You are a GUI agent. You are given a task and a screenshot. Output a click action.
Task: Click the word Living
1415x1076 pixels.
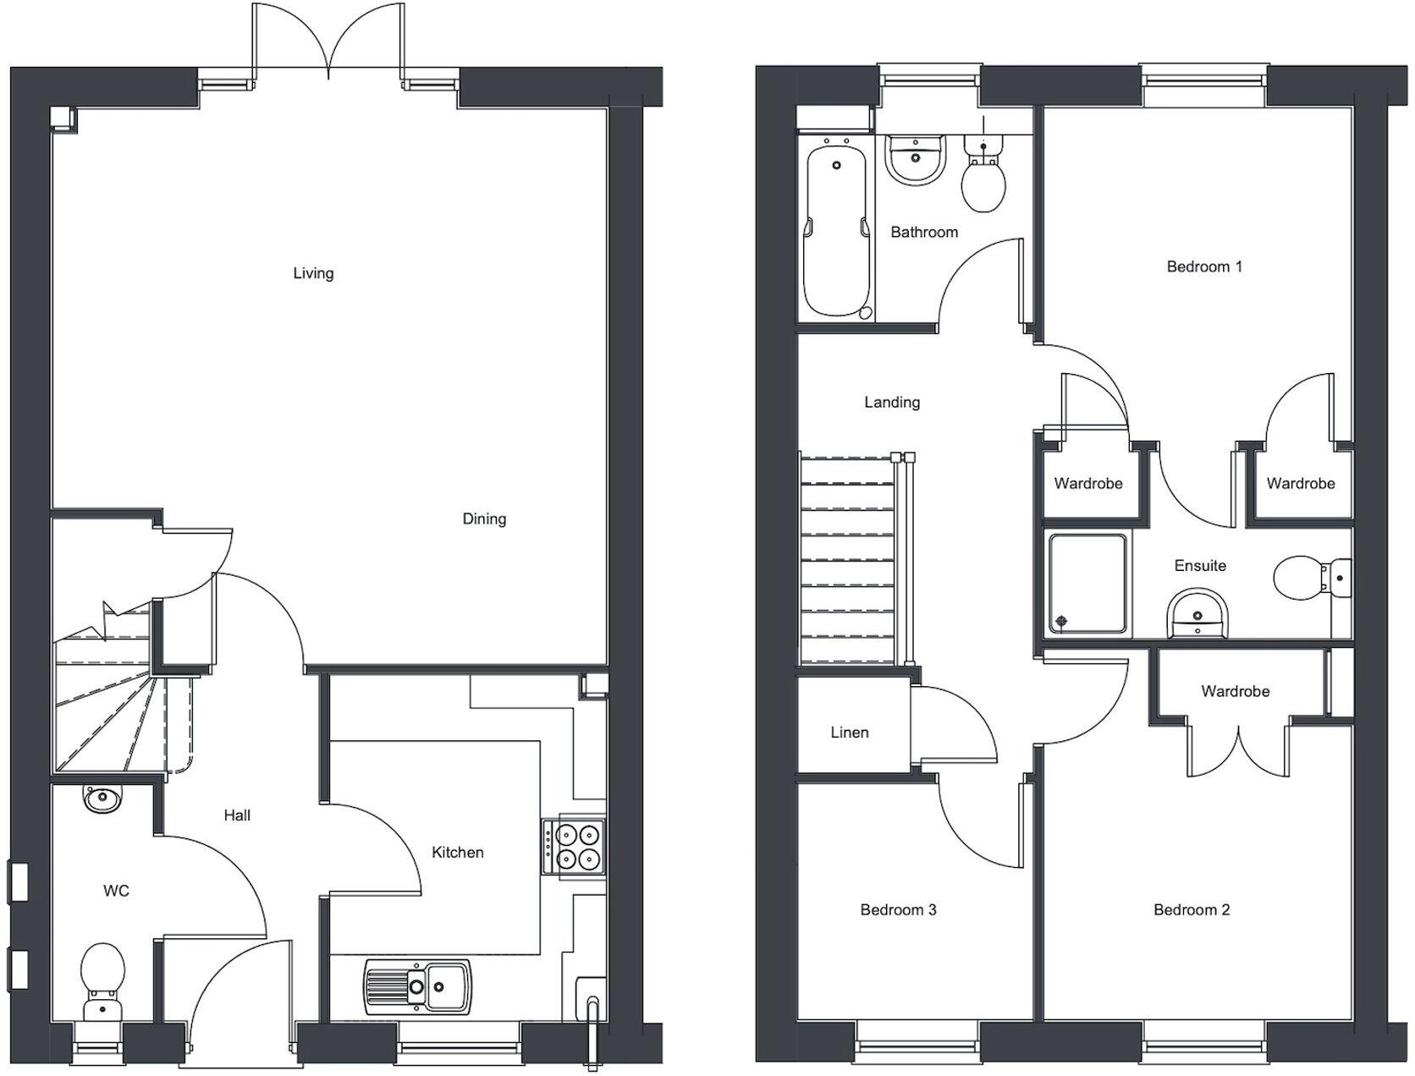[x=313, y=273]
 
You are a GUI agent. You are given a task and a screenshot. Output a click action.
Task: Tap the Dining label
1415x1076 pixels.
[x=484, y=519]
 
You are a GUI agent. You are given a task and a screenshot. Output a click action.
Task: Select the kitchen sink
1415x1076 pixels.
[x=417, y=985]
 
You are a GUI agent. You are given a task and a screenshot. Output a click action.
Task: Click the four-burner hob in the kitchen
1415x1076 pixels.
[x=574, y=848]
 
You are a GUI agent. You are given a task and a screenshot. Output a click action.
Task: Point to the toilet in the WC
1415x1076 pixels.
[x=102, y=981]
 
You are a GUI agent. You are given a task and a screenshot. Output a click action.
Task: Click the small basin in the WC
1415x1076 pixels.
[x=102, y=798]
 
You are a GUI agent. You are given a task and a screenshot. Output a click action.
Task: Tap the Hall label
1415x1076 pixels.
[x=237, y=815]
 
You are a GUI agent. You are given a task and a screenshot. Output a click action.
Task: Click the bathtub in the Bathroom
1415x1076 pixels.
[x=836, y=229]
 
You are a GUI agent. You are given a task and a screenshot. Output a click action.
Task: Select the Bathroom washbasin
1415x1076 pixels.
[x=915, y=159]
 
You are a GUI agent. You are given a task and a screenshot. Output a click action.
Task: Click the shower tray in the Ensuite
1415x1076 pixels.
[x=1087, y=583]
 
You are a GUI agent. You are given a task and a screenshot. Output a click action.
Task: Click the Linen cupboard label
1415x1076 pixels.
[x=849, y=733]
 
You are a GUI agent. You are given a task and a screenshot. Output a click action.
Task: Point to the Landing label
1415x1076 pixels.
[x=892, y=402]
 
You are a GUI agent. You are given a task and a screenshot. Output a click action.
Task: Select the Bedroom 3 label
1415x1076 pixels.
[x=898, y=910]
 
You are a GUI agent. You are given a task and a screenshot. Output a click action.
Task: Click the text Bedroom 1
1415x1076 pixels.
[x=1203, y=266]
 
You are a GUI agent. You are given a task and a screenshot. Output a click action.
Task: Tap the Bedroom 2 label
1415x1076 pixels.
[x=1191, y=910]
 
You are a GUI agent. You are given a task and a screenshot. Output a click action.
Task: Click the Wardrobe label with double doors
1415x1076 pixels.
[x=1235, y=691]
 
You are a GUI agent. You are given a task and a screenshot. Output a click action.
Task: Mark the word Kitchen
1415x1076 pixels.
[x=457, y=852]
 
